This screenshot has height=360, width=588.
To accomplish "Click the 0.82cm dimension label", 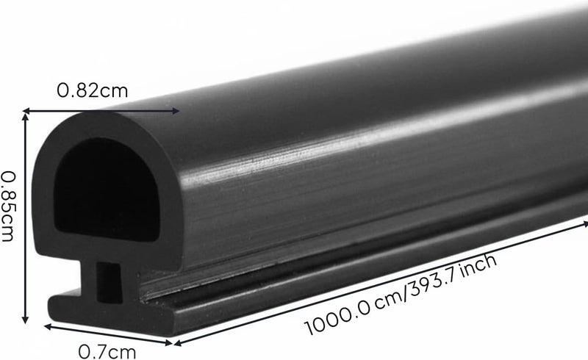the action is click(93, 91).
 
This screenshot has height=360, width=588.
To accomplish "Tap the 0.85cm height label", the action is click(8, 206).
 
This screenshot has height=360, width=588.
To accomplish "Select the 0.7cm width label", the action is click(107, 352).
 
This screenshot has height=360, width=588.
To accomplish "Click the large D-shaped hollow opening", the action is click(107, 190).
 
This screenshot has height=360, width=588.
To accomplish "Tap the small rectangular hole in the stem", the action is click(109, 282).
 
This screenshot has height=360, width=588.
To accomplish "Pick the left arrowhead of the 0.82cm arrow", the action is click(26, 110).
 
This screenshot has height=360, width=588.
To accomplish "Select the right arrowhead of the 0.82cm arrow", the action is click(176, 110).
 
